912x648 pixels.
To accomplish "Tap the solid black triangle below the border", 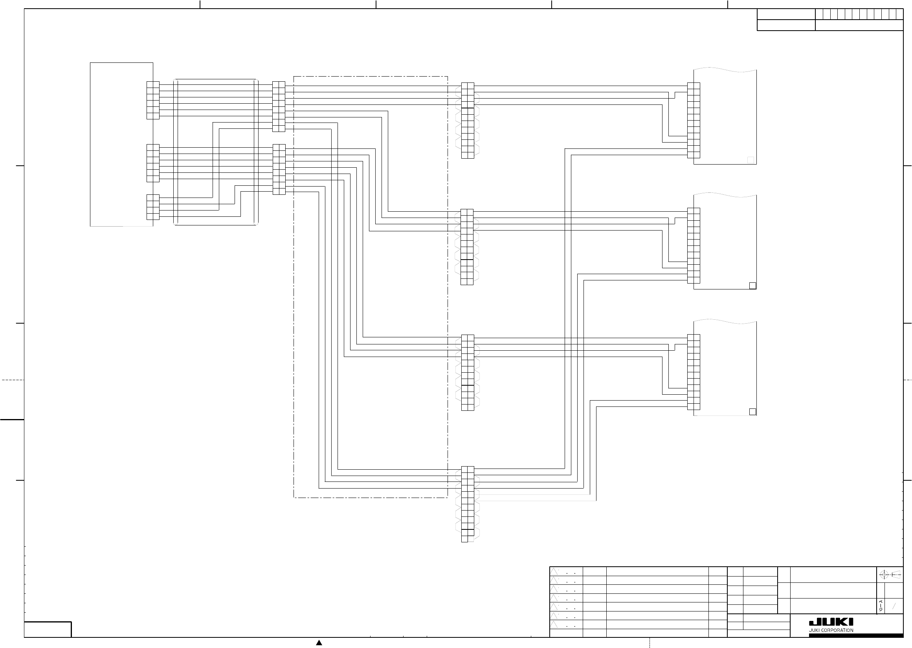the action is tap(319, 643).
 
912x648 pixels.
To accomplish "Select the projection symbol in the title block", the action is tap(890, 575).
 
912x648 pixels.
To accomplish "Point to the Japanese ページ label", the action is tap(880, 605).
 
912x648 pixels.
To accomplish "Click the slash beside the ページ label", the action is tap(894, 606).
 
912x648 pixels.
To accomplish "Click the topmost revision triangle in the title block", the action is tap(554, 571).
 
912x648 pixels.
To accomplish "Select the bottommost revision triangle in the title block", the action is tap(554, 624).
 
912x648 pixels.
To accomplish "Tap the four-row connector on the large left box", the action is tap(153, 207).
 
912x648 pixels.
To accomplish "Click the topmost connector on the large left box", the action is tap(153, 100).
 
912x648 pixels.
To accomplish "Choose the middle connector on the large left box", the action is tap(153, 163).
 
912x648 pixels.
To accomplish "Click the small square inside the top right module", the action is tap(751, 160).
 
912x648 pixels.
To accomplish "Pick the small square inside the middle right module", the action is tap(752, 286).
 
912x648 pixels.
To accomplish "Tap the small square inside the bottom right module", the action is tap(752, 412).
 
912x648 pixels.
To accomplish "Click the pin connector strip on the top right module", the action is tap(694, 120).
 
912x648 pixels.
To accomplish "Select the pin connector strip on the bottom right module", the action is tap(694, 372).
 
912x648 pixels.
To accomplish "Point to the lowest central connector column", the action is tap(467, 504).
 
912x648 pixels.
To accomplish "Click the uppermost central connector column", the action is tap(467, 121).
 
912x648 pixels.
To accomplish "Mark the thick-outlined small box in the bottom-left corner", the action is tap(48, 629).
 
